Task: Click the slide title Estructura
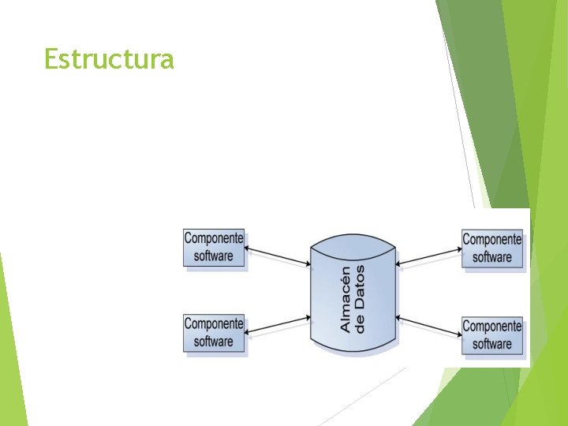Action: pyautogui.click(x=109, y=59)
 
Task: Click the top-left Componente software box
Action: pyautogui.click(x=214, y=248)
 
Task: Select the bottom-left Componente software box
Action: pyautogui.click(x=214, y=333)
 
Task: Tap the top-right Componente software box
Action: pyautogui.click(x=492, y=248)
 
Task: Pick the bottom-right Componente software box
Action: pyautogui.click(x=492, y=334)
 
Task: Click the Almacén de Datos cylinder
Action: pyautogui.click(x=353, y=297)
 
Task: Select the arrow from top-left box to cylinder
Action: pyautogui.click(x=278, y=256)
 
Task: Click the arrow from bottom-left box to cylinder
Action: pyautogui.click(x=278, y=326)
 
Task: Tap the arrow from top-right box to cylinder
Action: pyautogui.click(x=429, y=257)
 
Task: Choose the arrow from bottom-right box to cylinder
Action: pyautogui.click(x=429, y=326)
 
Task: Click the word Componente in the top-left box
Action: pyautogui.click(x=214, y=238)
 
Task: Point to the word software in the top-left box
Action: pyautogui.click(x=214, y=256)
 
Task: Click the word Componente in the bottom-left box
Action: pyautogui.click(x=214, y=324)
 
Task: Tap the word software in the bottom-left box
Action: pyautogui.click(x=214, y=342)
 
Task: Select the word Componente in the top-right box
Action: pyautogui.click(x=492, y=240)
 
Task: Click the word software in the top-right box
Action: pyautogui.click(x=492, y=257)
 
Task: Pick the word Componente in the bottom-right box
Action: pyautogui.click(x=492, y=326)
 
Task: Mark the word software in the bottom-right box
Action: pyautogui.click(x=492, y=343)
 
